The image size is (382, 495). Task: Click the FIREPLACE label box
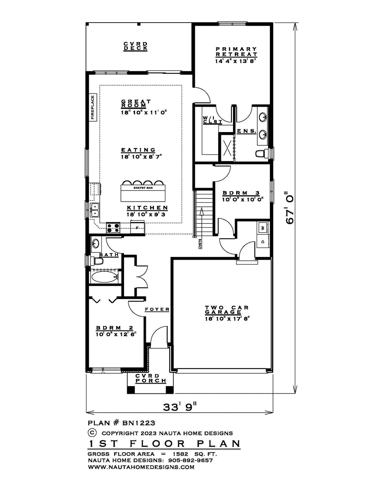tap(93, 107)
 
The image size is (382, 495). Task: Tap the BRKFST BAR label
tap(143, 188)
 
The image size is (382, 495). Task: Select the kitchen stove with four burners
tap(113, 228)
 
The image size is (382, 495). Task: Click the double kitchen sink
tap(94, 210)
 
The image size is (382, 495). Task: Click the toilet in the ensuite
tap(261, 154)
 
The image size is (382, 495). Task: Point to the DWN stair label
tap(200, 244)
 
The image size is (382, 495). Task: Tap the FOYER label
tap(157, 309)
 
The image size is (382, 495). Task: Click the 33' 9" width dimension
tap(180, 406)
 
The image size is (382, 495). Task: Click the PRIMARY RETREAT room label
tap(236, 52)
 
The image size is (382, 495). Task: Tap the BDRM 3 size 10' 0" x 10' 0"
tap(243, 199)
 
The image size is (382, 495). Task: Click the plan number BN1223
tap(139, 423)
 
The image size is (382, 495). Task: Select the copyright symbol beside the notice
tap(92, 432)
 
